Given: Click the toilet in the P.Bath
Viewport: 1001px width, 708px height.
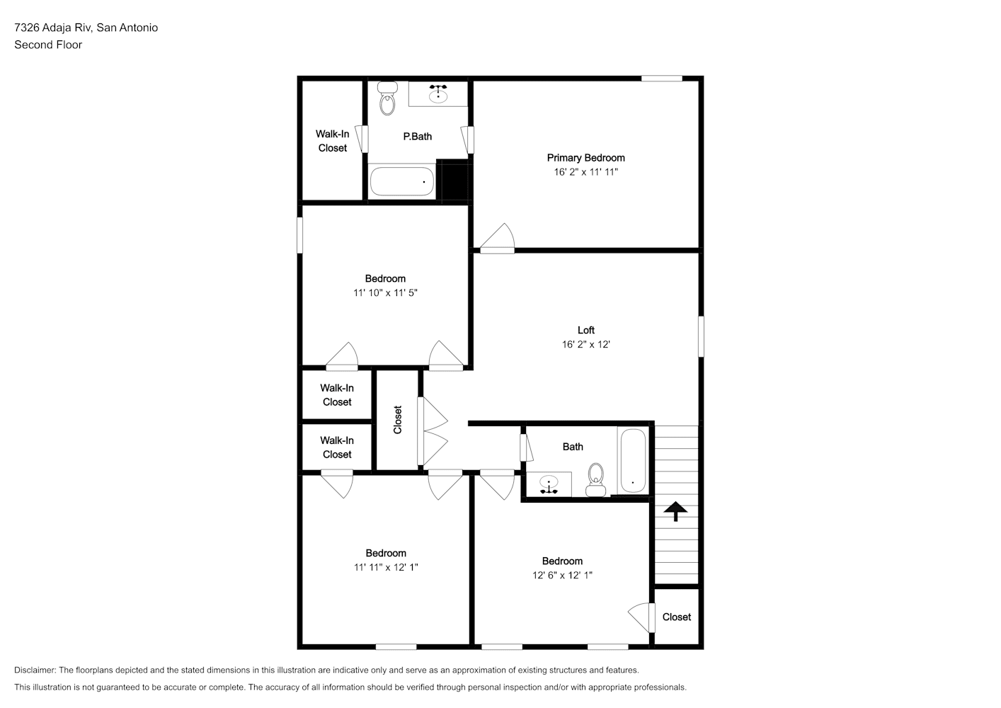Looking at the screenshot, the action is (x=387, y=98).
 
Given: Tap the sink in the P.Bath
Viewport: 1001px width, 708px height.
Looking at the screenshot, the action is (x=438, y=94).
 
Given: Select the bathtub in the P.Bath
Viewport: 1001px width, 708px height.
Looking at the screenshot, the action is (x=401, y=181).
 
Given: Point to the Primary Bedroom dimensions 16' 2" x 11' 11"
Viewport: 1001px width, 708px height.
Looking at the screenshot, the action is (x=586, y=172).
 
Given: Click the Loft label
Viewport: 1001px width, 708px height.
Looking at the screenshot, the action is (x=586, y=331).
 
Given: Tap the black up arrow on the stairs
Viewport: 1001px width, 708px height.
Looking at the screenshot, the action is (x=675, y=511).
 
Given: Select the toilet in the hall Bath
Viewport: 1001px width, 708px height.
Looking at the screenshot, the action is (x=595, y=480).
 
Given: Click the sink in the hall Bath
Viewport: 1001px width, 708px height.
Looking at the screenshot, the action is (x=549, y=484).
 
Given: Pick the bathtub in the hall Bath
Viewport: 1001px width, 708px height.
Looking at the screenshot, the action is (x=633, y=460).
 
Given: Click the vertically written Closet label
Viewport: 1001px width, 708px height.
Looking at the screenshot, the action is (x=398, y=420).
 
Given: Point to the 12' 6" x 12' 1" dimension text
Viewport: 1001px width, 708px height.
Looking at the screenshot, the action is (x=562, y=575).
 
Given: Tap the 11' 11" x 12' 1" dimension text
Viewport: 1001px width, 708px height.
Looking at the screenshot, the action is (x=386, y=567).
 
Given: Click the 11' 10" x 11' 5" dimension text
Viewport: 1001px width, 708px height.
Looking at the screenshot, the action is (x=385, y=293).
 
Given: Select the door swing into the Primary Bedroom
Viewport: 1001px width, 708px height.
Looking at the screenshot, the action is (x=498, y=238).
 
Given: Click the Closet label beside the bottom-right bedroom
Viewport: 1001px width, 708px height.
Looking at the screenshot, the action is (x=677, y=617).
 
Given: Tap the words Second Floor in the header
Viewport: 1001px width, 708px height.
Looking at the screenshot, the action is (x=48, y=45).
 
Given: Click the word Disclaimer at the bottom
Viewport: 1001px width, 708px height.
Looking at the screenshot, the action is (x=35, y=670).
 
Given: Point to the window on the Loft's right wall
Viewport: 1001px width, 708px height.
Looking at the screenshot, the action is (x=701, y=336).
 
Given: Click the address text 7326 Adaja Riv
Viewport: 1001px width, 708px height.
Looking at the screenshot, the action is (x=53, y=28).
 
